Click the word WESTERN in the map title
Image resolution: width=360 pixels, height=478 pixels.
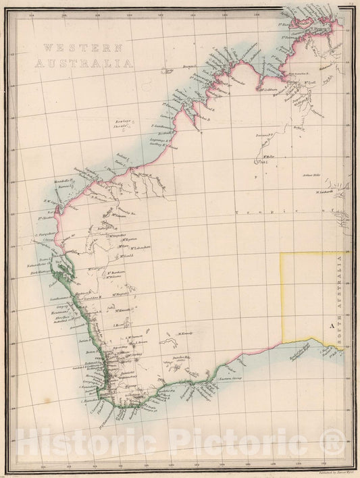81,49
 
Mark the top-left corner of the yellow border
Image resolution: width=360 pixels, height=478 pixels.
282,253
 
